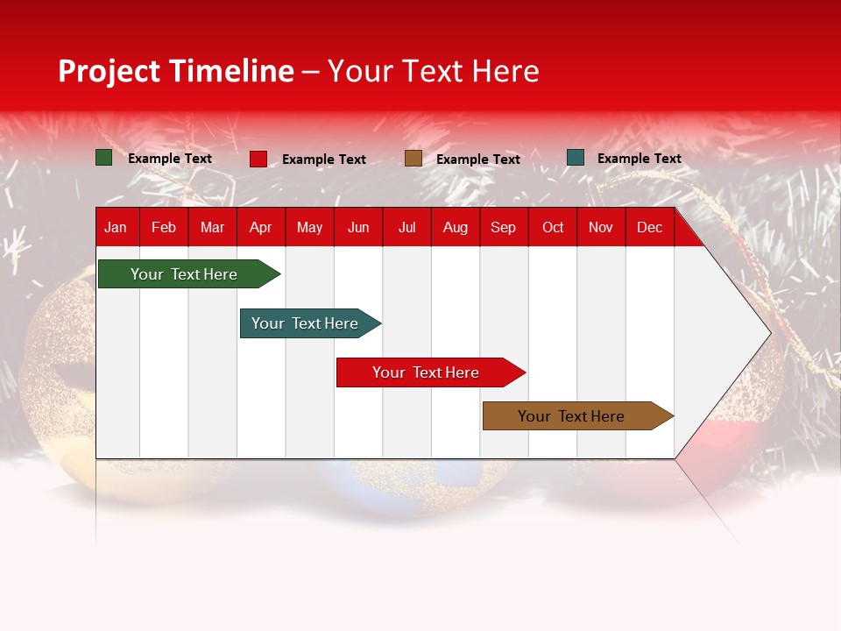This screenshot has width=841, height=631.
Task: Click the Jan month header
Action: click(116, 227)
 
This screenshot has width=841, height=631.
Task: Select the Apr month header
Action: click(260, 227)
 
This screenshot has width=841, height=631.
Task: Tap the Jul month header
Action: click(406, 227)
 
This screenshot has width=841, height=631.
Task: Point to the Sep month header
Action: click(503, 227)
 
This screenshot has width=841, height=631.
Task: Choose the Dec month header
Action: click(649, 227)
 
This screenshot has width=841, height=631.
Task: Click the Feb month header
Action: click(164, 227)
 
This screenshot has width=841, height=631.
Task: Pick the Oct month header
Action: click(552, 227)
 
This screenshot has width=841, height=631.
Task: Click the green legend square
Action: click(104, 158)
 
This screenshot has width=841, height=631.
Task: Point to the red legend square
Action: click(258, 159)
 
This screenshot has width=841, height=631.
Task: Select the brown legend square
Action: click(413, 159)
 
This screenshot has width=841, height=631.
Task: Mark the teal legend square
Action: click(576, 158)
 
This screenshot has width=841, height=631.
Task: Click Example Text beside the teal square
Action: click(639, 159)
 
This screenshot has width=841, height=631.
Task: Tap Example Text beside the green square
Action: click(170, 159)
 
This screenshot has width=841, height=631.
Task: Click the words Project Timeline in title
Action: click(176, 71)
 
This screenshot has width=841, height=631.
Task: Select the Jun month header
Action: click(358, 227)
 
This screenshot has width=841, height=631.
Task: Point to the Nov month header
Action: click(601, 227)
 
